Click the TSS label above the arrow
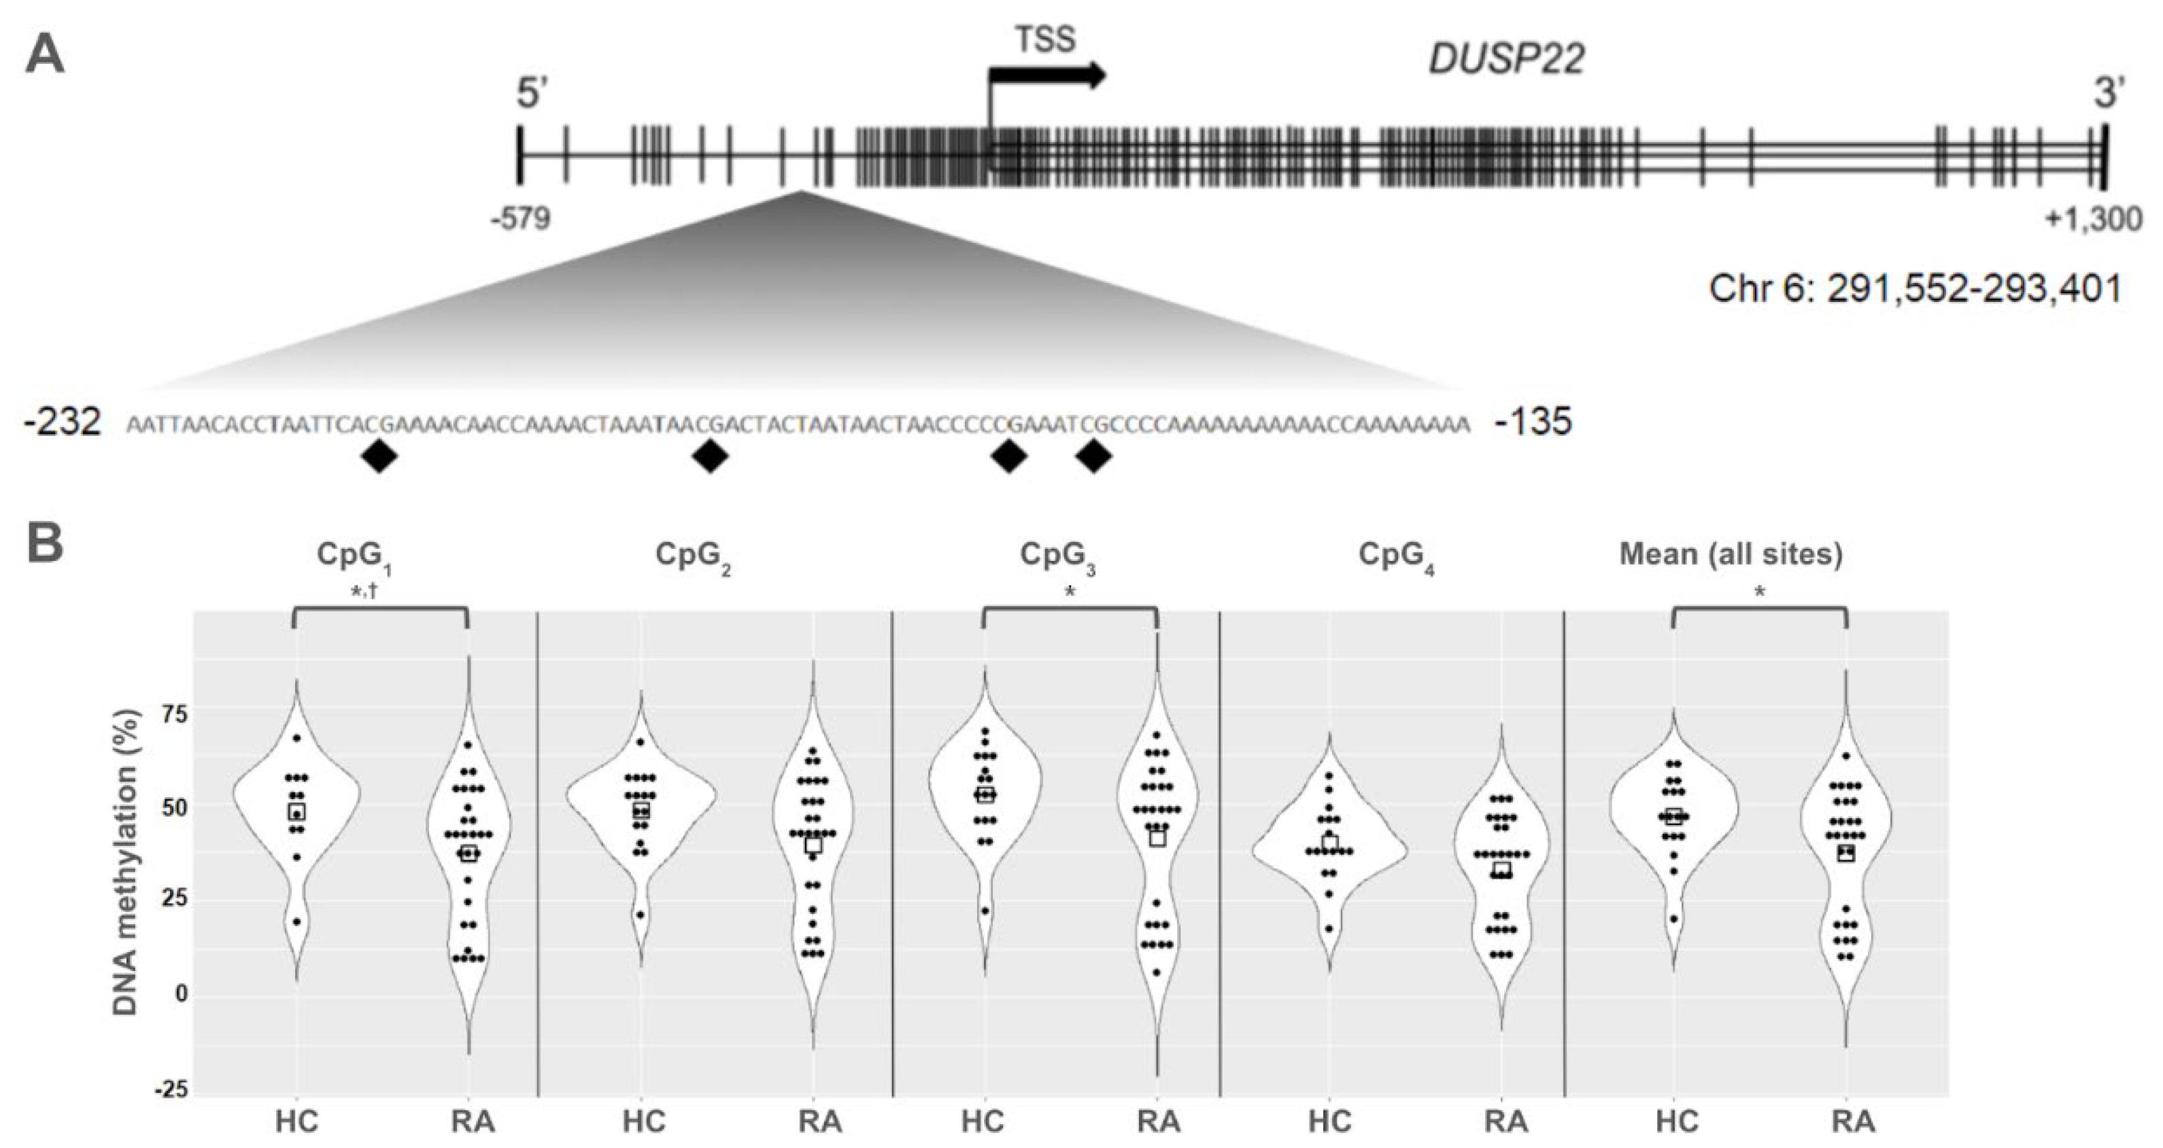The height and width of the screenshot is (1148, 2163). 1044,39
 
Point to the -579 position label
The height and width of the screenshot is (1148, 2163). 522,218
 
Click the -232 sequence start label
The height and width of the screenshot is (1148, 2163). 64,422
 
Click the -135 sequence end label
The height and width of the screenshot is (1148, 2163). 1533,422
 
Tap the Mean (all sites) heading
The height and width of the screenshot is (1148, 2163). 1731,554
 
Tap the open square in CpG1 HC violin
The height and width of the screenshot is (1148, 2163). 296,811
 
